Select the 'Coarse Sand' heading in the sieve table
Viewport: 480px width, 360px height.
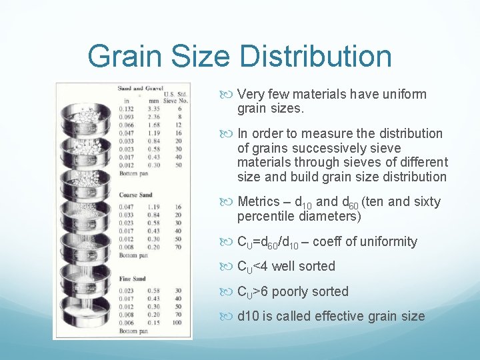click(x=135, y=195)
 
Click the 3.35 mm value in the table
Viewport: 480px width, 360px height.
click(x=154, y=108)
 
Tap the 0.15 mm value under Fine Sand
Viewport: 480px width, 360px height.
click(x=154, y=323)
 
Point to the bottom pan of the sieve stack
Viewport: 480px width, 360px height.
click(x=87, y=324)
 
